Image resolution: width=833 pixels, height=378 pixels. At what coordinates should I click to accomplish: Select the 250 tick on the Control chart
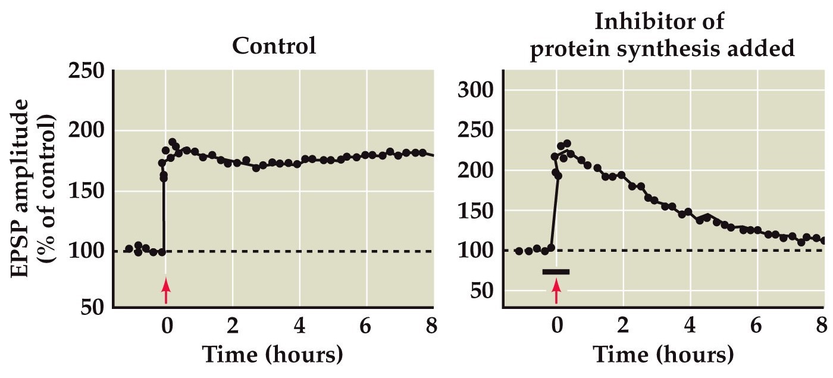pyautogui.click(x=87, y=72)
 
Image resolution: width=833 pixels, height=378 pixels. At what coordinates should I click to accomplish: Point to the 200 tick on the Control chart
pyautogui.click(x=87, y=131)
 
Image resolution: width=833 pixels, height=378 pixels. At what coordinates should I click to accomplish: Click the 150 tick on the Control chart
pyautogui.click(x=87, y=192)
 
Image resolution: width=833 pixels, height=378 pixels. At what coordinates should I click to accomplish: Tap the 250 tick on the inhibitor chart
pyautogui.click(x=478, y=131)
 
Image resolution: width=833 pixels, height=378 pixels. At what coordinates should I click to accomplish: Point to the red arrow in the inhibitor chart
pyautogui.click(x=556, y=291)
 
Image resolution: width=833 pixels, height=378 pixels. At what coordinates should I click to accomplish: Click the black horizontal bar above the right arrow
pyautogui.click(x=556, y=272)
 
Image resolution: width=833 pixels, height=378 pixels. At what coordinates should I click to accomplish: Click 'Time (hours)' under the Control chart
pyautogui.click(x=273, y=355)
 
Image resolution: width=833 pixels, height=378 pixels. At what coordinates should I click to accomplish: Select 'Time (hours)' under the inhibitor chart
pyautogui.click(x=664, y=355)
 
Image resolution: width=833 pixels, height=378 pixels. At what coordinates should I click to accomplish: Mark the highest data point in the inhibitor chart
pyautogui.click(x=567, y=143)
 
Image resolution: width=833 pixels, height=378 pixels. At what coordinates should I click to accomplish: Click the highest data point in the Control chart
pyautogui.click(x=173, y=142)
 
